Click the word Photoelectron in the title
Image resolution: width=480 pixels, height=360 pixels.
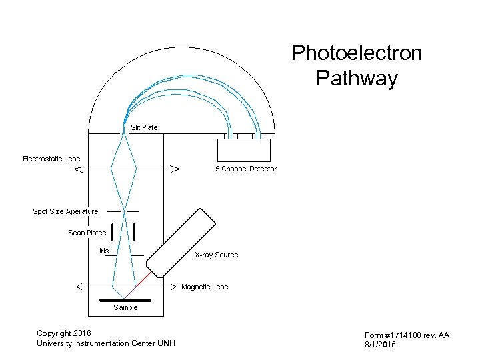(357, 53)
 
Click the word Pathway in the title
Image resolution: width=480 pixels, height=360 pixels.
(357, 79)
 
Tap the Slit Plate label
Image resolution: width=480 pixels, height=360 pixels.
(144, 127)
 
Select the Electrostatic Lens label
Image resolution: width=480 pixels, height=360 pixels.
(51, 159)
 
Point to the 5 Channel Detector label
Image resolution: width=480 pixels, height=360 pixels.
(245, 169)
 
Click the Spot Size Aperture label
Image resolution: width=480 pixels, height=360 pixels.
(65, 211)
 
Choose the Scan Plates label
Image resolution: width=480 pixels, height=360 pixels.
(87, 233)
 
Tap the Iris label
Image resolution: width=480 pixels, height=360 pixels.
(103, 251)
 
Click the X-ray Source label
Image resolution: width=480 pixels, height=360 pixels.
(216, 255)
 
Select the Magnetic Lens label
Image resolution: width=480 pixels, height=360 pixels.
(205, 287)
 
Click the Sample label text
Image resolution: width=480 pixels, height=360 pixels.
(125, 307)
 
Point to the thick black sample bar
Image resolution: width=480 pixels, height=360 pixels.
(125, 300)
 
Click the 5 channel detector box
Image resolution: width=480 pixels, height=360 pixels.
(243, 150)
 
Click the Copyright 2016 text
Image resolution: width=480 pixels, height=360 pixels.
(64, 333)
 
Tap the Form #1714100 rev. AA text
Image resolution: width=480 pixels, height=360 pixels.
(407, 335)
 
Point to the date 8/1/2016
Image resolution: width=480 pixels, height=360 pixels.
(380, 344)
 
